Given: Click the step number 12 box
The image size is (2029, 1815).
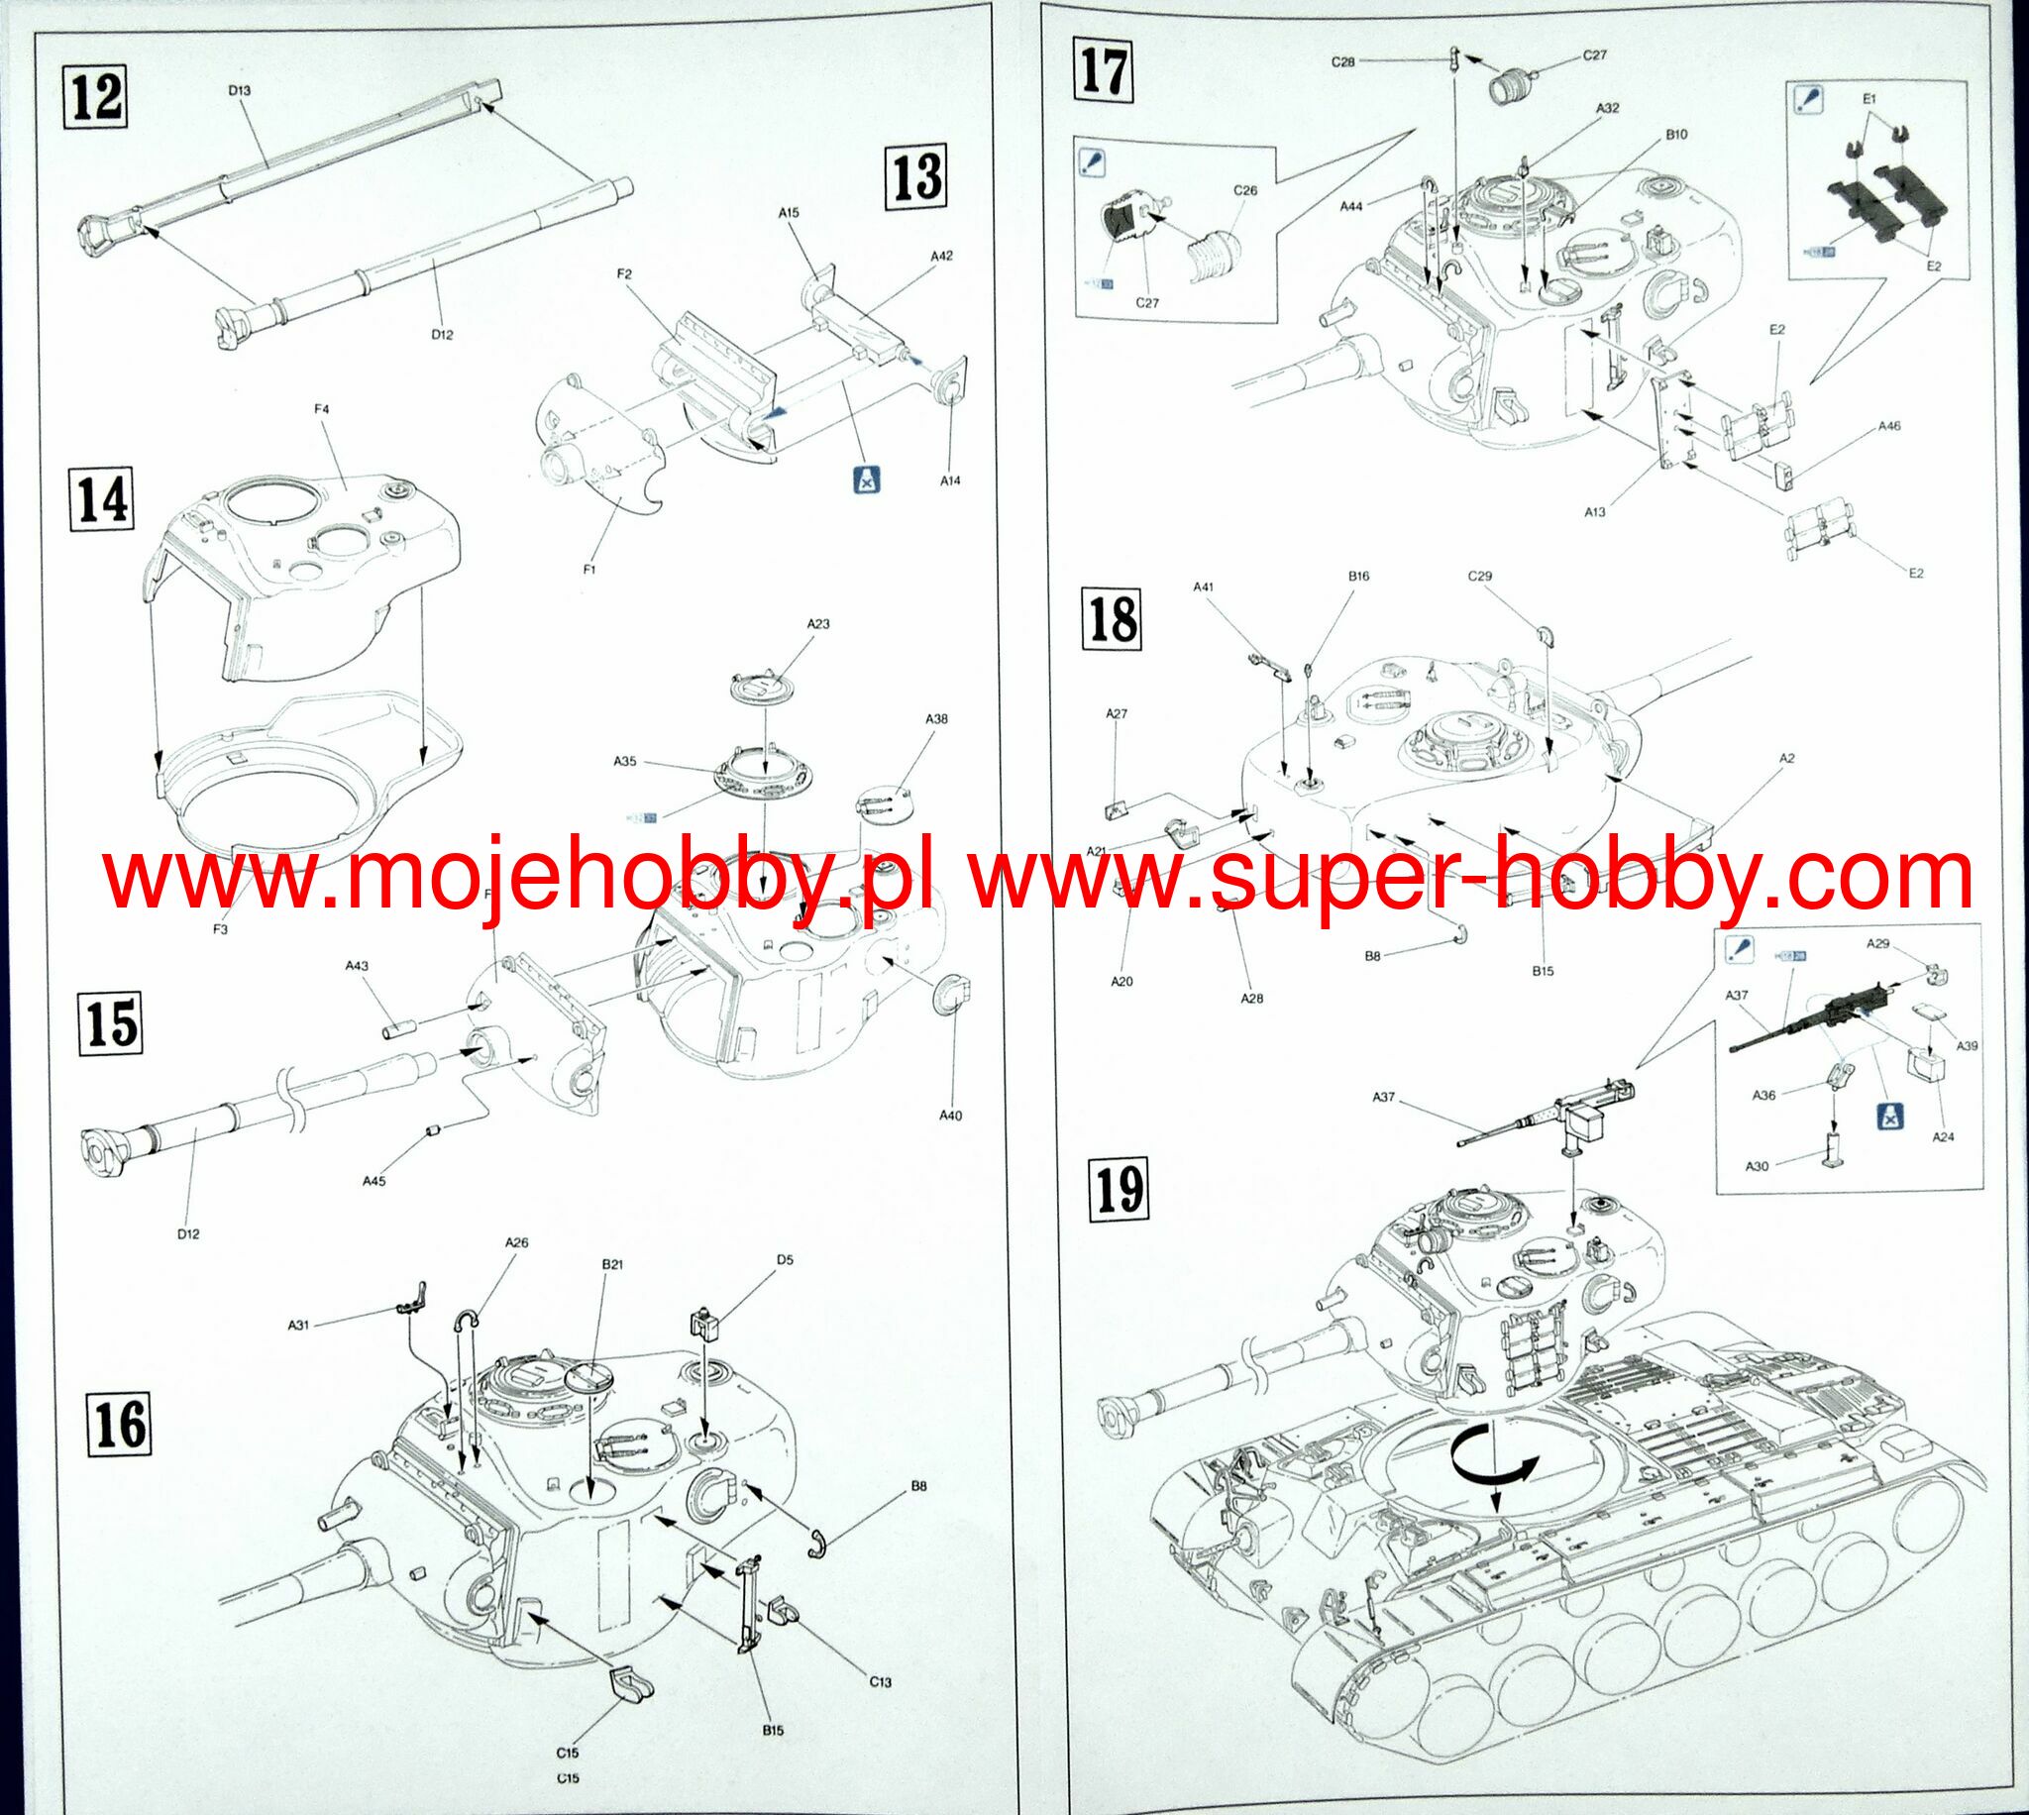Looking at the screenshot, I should (x=97, y=97).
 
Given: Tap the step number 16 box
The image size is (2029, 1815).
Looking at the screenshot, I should (x=121, y=1424).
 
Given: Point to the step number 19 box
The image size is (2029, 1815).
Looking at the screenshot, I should (x=1119, y=1191).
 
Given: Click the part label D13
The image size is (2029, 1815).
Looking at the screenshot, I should (x=239, y=90).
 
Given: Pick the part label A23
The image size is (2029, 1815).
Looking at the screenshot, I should (x=817, y=624).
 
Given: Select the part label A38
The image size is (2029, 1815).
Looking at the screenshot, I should (x=936, y=719).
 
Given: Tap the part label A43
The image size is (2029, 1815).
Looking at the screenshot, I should (x=356, y=965).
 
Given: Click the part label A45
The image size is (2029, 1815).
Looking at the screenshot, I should (x=374, y=1181).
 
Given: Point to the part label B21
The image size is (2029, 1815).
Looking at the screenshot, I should (x=612, y=1262).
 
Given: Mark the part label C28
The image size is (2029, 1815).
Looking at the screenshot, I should (x=1342, y=61).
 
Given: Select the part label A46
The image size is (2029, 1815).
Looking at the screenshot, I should (x=1888, y=426).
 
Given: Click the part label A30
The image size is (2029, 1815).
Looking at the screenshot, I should (x=1757, y=1166).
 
